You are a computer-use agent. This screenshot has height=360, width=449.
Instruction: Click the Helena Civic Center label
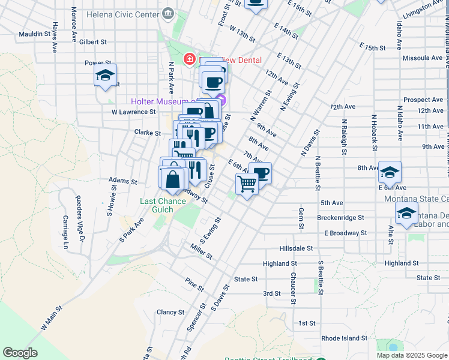(123, 13)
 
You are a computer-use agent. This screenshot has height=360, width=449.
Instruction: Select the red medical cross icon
(190, 59)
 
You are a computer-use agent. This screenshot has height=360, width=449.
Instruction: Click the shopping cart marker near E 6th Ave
(246, 184)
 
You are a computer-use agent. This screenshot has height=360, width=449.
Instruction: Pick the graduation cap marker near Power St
(105, 77)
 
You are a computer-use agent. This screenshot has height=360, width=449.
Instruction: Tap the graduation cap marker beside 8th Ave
(390, 172)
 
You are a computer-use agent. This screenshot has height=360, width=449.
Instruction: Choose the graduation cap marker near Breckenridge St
(406, 214)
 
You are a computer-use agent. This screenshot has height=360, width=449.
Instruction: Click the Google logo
(20, 353)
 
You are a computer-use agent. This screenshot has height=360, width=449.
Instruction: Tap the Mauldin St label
(34, 34)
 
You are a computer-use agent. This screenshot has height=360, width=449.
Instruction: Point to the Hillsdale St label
(296, 248)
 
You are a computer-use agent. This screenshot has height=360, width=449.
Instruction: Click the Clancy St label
(170, 312)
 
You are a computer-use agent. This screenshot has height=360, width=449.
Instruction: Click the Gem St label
(300, 219)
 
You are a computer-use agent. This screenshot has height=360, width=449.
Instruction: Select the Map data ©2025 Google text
(411, 355)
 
